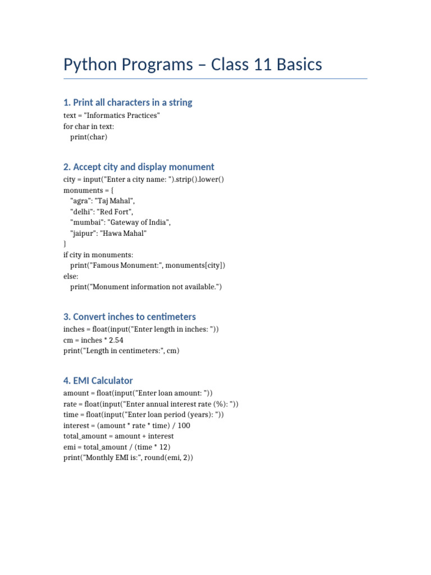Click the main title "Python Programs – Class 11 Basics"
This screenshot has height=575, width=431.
(x=192, y=65)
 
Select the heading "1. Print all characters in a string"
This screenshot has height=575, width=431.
(x=128, y=102)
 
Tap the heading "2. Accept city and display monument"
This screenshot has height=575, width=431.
(x=139, y=167)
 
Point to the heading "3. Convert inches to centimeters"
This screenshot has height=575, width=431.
(x=130, y=317)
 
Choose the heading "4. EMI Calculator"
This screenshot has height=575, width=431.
(x=98, y=380)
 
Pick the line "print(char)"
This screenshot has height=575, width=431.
(x=89, y=136)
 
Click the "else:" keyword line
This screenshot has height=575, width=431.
(x=71, y=276)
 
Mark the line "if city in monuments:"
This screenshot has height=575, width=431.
(x=98, y=255)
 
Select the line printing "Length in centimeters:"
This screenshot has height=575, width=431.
(x=122, y=351)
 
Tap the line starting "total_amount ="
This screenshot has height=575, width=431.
(x=118, y=436)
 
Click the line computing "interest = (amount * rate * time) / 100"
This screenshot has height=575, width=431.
(x=127, y=426)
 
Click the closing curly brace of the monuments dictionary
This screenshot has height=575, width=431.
(x=65, y=244)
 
